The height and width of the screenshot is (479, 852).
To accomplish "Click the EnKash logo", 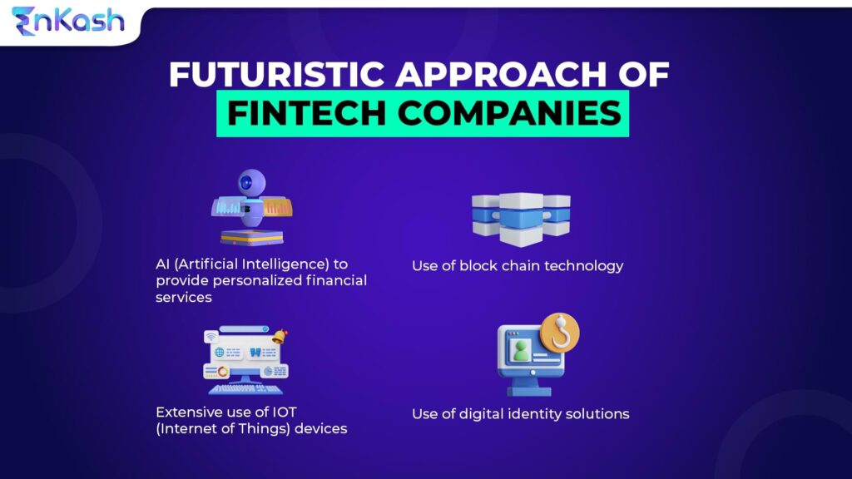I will click(x=68, y=20).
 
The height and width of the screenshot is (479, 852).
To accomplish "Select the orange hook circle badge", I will click(x=560, y=333).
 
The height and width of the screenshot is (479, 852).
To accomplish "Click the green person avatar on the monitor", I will click(x=521, y=351).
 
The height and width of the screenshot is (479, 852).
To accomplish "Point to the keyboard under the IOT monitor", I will click(x=245, y=388).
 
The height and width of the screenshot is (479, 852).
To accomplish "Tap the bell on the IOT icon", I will click(x=280, y=337).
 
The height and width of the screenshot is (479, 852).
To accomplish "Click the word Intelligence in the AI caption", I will click(x=274, y=264).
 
